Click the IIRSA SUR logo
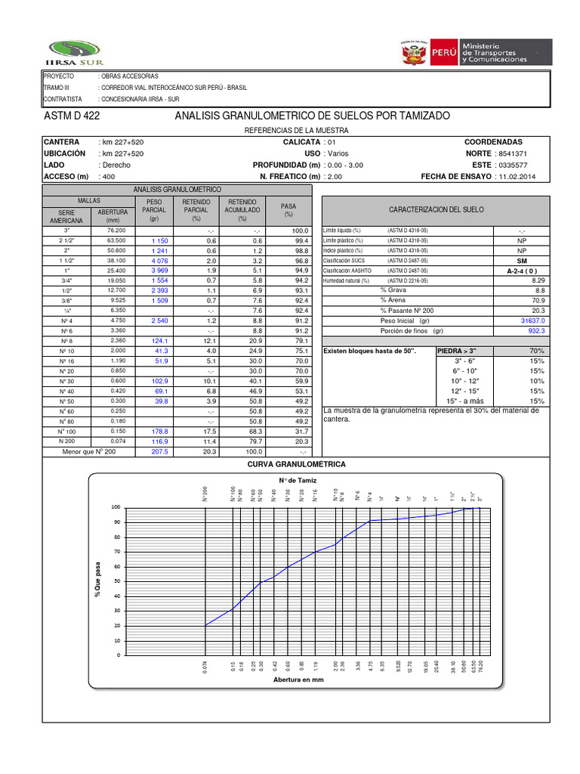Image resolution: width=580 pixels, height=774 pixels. pyautogui.click(x=73, y=47)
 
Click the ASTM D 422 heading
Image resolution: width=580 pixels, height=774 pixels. pyautogui.click(x=72, y=116)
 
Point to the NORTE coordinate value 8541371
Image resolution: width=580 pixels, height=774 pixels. pyautogui.click(x=511, y=153)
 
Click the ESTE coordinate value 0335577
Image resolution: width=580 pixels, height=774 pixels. pyautogui.click(x=511, y=165)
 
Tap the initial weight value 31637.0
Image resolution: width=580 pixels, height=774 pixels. pyautogui.click(x=532, y=320)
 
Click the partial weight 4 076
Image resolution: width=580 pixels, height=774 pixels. pyautogui.click(x=159, y=260)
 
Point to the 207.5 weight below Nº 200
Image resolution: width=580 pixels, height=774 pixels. pyautogui.click(x=159, y=451)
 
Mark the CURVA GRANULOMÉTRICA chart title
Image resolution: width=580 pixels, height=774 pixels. pyautogui.click(x=291, y=464)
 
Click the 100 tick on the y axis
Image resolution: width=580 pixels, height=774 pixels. pyautogui.click(x=116, y=507)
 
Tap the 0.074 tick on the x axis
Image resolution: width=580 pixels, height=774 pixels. pyautogui.click(x=205, y=668)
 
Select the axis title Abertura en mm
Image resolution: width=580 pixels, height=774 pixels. pyautogui.click(x=298, y=680)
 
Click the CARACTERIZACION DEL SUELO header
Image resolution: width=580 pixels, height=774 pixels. pyautogui.click(x=437, y=209)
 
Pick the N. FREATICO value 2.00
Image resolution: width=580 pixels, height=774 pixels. pyautogui.click(x=335, y=176)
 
